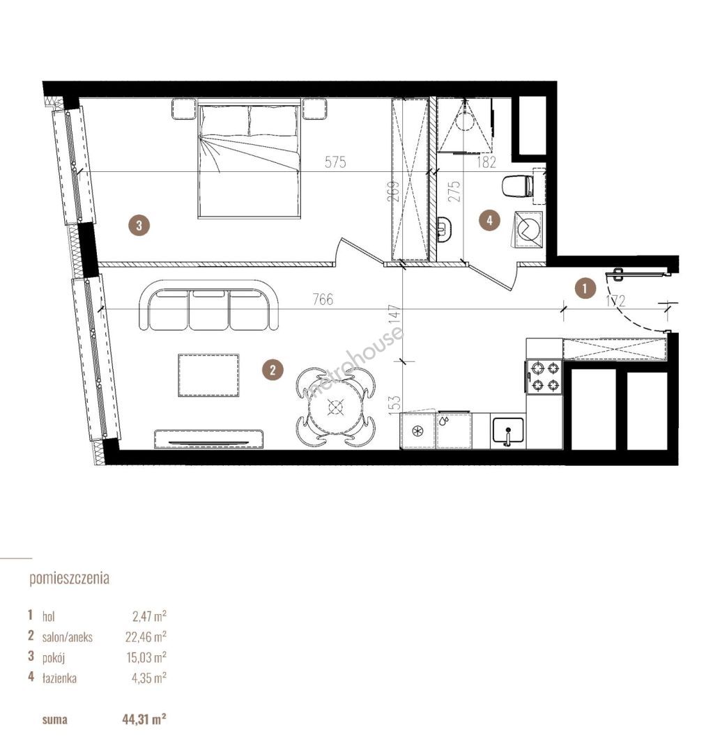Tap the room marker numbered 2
click(x=273, y=370)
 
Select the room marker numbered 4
click(x=489, y=221)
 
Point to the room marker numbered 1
click(x=584, y=289)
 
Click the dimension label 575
click(x=335, y=162)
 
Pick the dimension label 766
click(x=323, y=299)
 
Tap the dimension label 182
click(x=486, y=162)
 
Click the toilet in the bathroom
click(x=518, y=186)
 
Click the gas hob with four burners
click(x=544, y=377)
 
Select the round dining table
click(x=334, y=407)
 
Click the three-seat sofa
click(x=209, y=306)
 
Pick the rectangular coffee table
click(x=209, y=375)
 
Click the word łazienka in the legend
click(x=59, y=677)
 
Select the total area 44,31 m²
click(x=144, y=719)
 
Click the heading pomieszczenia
click(x=70, y=579)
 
